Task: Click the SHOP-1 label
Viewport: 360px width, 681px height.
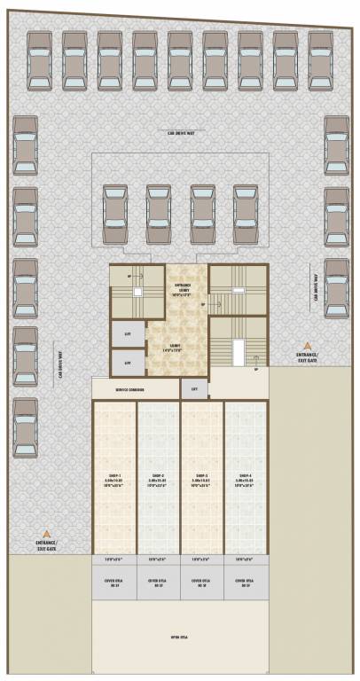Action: tap(114, 479)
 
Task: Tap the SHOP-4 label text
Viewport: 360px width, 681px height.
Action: tap(245, 479)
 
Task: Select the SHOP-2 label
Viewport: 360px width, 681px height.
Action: tap(158, 479)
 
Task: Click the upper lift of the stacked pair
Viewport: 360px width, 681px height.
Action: tap(128, 333)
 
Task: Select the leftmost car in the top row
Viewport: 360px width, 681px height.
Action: tap(39, 60)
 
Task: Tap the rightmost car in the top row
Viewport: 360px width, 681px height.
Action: tap(320, 60)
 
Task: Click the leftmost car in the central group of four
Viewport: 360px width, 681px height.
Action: tap(114, 213)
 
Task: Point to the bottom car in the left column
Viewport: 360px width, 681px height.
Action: tap(26, 424)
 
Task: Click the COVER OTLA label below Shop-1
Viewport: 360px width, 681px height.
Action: tap(114, 583)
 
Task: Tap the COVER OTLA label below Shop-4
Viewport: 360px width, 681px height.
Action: tap(245, 583)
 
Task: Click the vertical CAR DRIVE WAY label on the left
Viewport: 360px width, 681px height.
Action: tap(61, 361)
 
